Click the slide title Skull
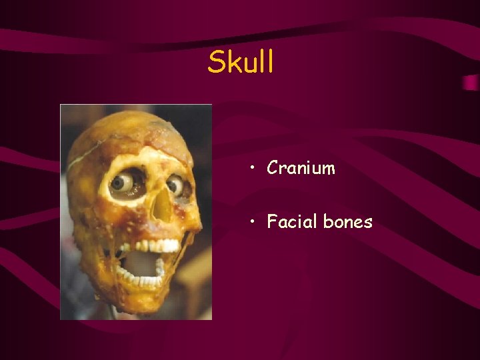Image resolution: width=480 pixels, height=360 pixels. [x=241, y=62]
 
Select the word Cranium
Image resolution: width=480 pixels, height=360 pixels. [x=301, y=168]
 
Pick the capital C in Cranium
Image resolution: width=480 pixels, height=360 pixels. [x=272, y=168]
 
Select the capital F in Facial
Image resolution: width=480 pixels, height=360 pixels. [x=271, y=221]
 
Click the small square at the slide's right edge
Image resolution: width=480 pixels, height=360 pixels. [x=470, y=82]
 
